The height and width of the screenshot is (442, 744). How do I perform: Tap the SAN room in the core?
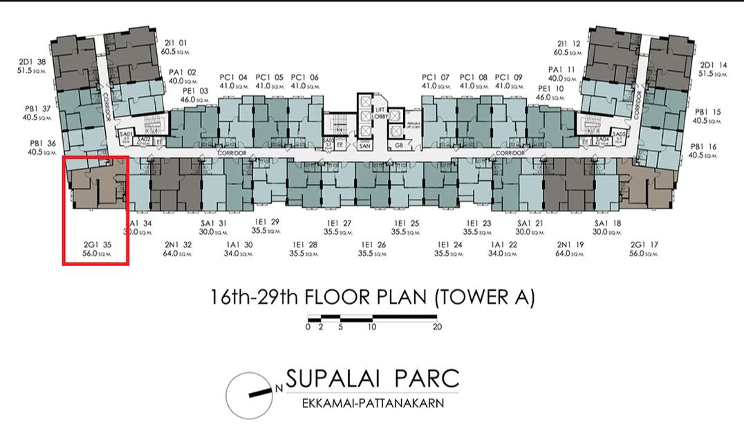[x=365, y=145]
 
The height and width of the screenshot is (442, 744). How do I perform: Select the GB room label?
[x=399, y=145]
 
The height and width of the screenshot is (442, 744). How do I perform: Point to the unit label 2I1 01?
[x=174, y=43]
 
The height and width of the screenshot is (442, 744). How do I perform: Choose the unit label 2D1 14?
[x=713, y=66]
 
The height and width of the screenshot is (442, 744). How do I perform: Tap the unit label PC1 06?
[x=305, y=77]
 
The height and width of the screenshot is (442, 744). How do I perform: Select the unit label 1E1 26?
[x=372, y=244]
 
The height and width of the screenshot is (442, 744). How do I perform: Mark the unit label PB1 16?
[x=703, y=147]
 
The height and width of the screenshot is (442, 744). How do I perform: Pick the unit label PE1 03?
[x=195, y=91]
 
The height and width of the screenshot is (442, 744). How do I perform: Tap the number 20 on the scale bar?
[x=437, y=327]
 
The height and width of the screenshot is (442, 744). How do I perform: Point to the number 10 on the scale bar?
[x=372, y=327]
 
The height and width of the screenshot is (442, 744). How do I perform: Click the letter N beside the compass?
[x=279, y=389]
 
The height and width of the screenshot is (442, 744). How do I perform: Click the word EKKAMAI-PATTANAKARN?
[x=373, y=403]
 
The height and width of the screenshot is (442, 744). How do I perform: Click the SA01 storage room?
[x=126, y=136]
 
